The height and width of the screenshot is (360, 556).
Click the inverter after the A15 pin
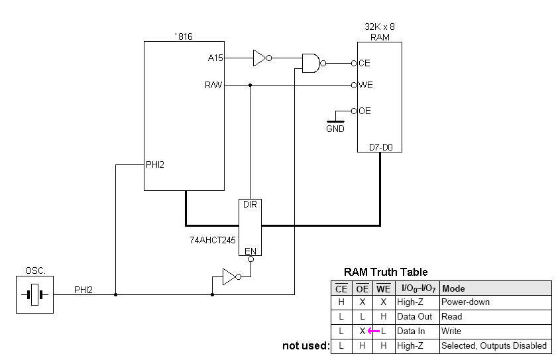click(261, 58)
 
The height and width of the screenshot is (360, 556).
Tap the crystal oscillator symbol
click(34, 294)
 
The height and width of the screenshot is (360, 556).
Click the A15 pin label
click(215, 58)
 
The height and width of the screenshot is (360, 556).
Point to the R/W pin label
click(214, 85)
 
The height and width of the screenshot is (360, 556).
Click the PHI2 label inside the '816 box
click(155, 164)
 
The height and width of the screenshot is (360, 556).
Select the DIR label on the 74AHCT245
click(250, 205)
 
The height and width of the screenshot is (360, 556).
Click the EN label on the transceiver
click(250, 251)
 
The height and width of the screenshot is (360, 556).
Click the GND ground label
click(335, 129)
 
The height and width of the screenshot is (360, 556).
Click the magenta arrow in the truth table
click(374, 331)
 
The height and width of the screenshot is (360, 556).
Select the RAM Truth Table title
click(386, 272)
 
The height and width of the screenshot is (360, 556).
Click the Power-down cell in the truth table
click(465, 302)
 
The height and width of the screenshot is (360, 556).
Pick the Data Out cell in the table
click(416, 317)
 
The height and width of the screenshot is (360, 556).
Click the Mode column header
click(454, 288)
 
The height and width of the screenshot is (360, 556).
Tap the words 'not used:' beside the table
click(305, 345)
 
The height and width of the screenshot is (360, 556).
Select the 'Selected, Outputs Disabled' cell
click(494, 345)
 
